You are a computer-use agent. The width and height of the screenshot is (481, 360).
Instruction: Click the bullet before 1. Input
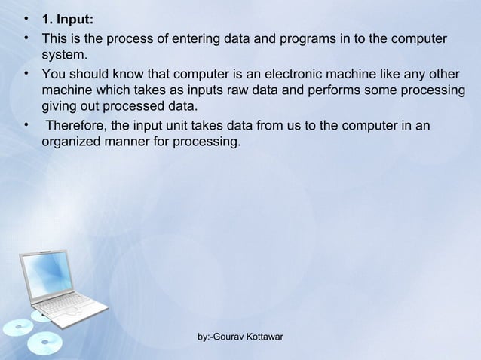tap(26, 19)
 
